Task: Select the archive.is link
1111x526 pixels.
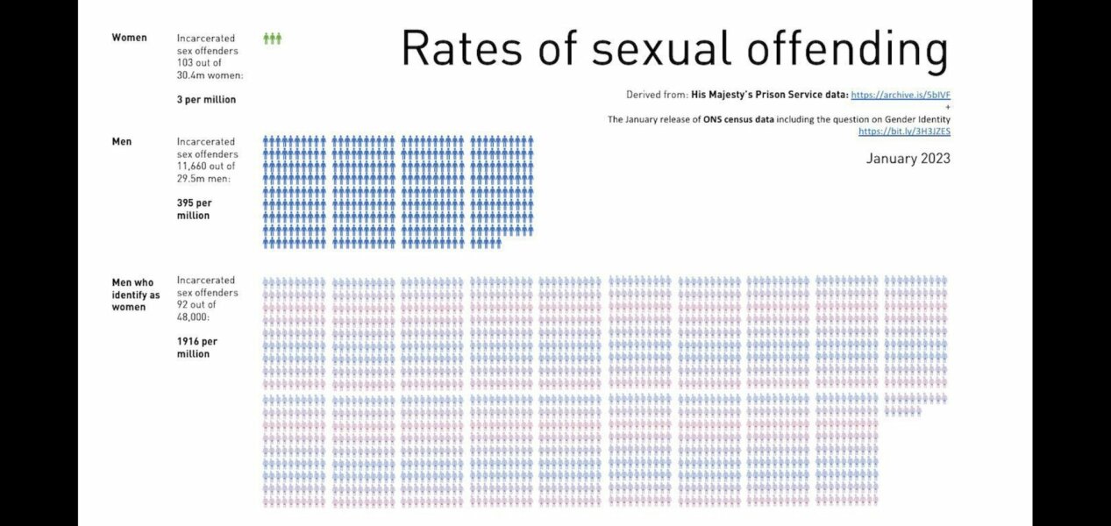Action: [x=901, y=95]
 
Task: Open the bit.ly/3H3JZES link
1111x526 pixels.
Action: [x=904, y=131]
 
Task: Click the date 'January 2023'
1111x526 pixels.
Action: [x=908, y=159]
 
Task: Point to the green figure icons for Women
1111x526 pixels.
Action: [x=273, y=39]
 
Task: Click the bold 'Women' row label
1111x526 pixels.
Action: [x=130, y=38]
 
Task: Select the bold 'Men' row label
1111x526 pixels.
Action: [x=122, y=141]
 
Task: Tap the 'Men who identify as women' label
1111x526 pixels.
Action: [x=136, y=295]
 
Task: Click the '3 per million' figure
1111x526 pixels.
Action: [x=206, y=100]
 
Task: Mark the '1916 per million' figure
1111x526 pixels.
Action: [x=196, y=347]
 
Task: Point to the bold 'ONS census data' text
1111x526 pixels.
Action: [x=737, y=119]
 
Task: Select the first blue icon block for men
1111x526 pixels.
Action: [x=295, y=191]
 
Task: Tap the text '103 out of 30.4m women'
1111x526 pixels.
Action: [x=210, y=69]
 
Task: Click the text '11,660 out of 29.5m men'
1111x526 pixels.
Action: [x=206, y=173]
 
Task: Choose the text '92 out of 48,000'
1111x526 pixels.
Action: [x=197, y=310]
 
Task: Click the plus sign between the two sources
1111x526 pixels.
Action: [x=948, y=107]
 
